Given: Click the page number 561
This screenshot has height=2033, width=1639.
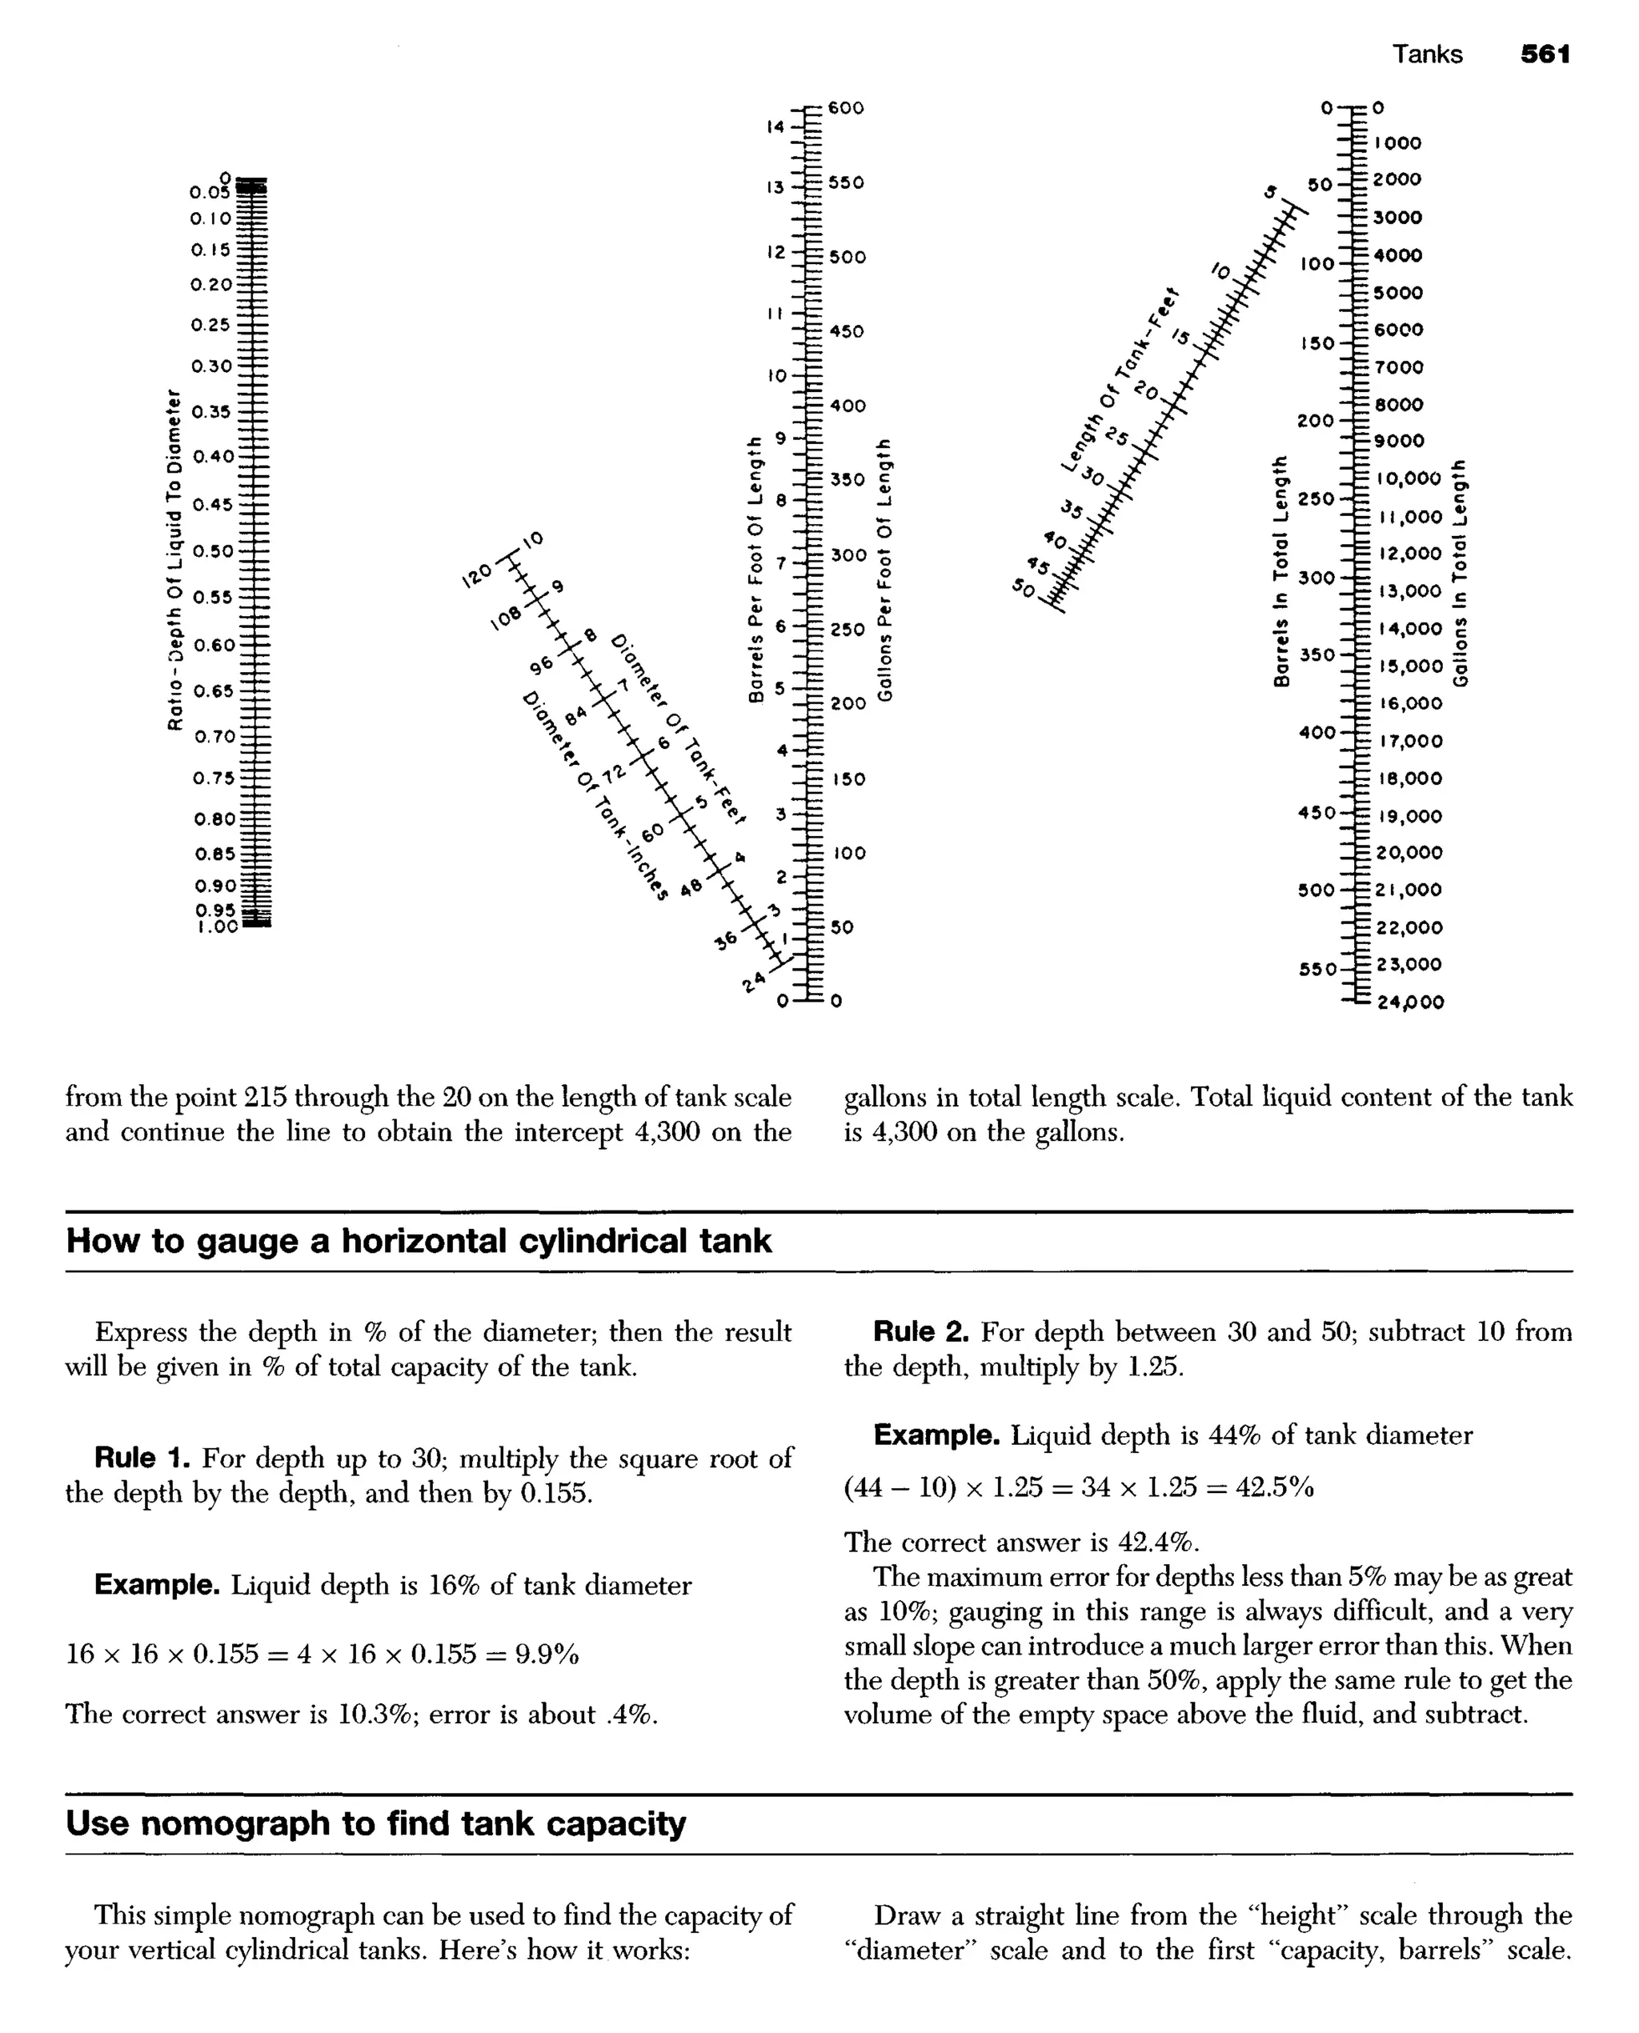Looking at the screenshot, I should [x=1545, y=54].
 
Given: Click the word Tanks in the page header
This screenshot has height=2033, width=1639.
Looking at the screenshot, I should [x=1427, y=54].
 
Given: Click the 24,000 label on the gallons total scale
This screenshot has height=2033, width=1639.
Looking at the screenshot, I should [x=1409, y=1002].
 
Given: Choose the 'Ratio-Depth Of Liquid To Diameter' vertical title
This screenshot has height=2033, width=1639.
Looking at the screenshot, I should [x=173, y=558].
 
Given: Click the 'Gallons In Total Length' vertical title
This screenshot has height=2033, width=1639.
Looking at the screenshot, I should [x=1460, y=573].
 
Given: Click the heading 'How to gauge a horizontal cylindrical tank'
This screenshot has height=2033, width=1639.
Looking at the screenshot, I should [x=419, y=1240].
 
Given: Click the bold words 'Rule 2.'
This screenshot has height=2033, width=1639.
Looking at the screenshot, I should [x=920, y=1332].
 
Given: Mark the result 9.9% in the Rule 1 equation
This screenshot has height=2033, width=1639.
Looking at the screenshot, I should [x=546, y=1654].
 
